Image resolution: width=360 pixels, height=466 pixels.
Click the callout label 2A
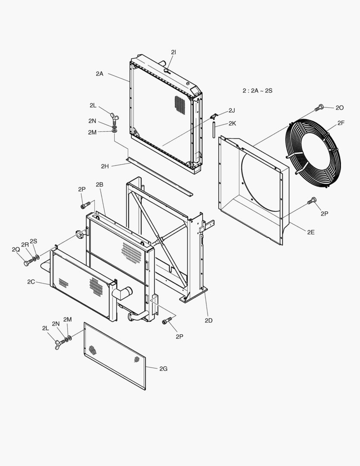point(100,74)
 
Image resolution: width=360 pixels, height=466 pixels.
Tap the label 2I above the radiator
point(173,52)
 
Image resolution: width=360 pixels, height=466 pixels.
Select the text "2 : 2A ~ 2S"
point(257,91)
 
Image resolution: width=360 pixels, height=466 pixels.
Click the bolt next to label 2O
point(319,107)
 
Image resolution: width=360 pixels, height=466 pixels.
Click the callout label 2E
point(311,232)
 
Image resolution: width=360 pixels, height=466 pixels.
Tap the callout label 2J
point(232,110)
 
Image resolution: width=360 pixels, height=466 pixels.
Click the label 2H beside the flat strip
point(105,166)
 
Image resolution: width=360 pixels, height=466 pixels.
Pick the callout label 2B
point(100,185)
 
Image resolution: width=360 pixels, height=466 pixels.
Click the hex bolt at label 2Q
point(27,263)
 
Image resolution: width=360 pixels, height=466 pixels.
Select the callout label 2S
point(33,241)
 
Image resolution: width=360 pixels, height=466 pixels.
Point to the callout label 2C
point(31,281)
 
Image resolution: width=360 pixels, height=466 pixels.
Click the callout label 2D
point(208,320)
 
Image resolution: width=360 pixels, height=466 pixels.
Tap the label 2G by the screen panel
point(163,368)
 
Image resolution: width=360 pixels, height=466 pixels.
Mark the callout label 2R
point(25,245)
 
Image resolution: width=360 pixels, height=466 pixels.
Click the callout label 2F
point(341,123)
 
